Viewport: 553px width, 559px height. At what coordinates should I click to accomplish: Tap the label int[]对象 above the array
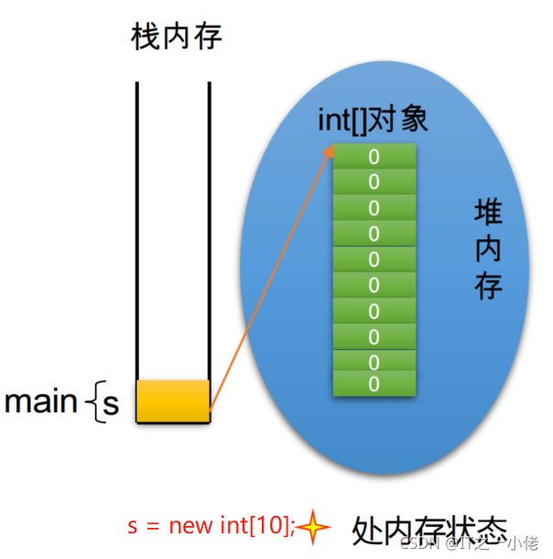[x=373, y=119]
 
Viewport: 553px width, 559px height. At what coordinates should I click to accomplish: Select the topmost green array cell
[x=374, y=157]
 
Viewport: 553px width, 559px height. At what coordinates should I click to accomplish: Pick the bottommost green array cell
[x=374, y=384]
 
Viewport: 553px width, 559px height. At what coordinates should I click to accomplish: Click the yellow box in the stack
[x=174, y=400]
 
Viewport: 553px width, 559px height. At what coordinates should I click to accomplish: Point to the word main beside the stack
[x=41, y=401]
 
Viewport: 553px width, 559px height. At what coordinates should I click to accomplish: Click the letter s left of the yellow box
[x=111, y=404]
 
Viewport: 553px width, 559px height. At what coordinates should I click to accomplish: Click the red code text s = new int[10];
[x=211, y=526]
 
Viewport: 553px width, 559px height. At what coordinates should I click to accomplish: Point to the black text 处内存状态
[x=428, y=529]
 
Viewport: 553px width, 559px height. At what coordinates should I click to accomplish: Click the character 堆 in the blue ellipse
[x=488, y=214]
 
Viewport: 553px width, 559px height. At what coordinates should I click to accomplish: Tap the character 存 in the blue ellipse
[x=488, y=286]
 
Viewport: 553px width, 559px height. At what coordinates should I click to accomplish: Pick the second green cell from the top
[x=374, y=181]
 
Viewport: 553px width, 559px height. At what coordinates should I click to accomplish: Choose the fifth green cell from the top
[x=374, y=259]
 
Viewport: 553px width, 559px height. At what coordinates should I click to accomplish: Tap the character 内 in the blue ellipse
[x=488, y=250]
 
